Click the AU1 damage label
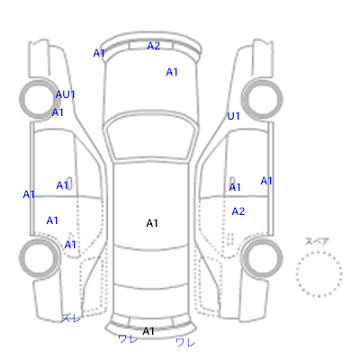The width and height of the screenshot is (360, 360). pyautogui.click(x=65, y=94)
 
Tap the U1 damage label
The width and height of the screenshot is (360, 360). pyautogui.click(x=233, y=116)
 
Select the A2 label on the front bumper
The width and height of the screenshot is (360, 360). pyautogui.click(x=154, y=46)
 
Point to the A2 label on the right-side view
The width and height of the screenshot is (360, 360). pyautogui.click(x=238, y=211)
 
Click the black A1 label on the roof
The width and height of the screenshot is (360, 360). pyautogui.click(x=152, y=223)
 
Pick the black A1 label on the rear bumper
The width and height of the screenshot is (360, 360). pyautogui.click(x=148, y=331)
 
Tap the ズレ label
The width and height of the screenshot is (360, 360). pyautogui.click(x=71, y=318)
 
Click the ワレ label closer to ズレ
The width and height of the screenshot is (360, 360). pyautogui.click(x=128, y=339)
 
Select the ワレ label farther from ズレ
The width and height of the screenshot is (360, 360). pyautogui.click(x=185, y=342)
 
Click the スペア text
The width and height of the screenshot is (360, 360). pyautogui.click(x=317, y=241)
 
